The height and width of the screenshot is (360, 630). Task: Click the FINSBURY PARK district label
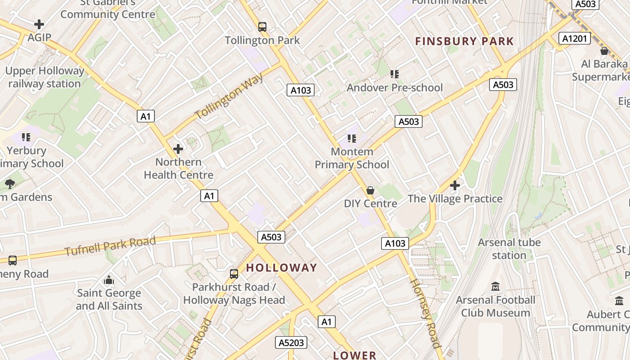point(464,41)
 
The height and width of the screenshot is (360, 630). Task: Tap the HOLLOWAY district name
point(281,268)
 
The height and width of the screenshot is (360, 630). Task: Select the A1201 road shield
point(575,38)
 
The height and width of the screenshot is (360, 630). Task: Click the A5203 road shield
point(291,343)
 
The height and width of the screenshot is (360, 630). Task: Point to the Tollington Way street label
point(229,96)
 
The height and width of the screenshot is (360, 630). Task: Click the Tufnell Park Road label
point(110,246)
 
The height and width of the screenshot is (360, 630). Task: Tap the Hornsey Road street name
point(425,313)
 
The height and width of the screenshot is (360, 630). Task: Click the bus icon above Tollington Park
point(262,27)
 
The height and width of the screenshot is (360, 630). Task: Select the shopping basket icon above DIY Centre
point(370,190)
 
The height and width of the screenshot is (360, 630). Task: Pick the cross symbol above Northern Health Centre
point(178,148)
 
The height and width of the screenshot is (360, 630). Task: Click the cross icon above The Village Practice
point(455,185)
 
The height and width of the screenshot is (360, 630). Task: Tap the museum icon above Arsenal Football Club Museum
point(495,287)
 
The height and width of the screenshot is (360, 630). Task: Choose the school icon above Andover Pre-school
point(395,74)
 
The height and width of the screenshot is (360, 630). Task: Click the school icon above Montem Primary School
point(352,139)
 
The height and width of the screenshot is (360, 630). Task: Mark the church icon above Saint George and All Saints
point(109,280)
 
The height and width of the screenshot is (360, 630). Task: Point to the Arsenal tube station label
point(509,249)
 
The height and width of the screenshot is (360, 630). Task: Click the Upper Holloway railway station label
point(45,77)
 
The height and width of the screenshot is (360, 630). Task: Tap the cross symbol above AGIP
point(39,24)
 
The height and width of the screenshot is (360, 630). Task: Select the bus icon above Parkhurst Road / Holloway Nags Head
point(234,274)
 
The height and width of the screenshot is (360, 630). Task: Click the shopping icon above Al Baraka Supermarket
point(604,51)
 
